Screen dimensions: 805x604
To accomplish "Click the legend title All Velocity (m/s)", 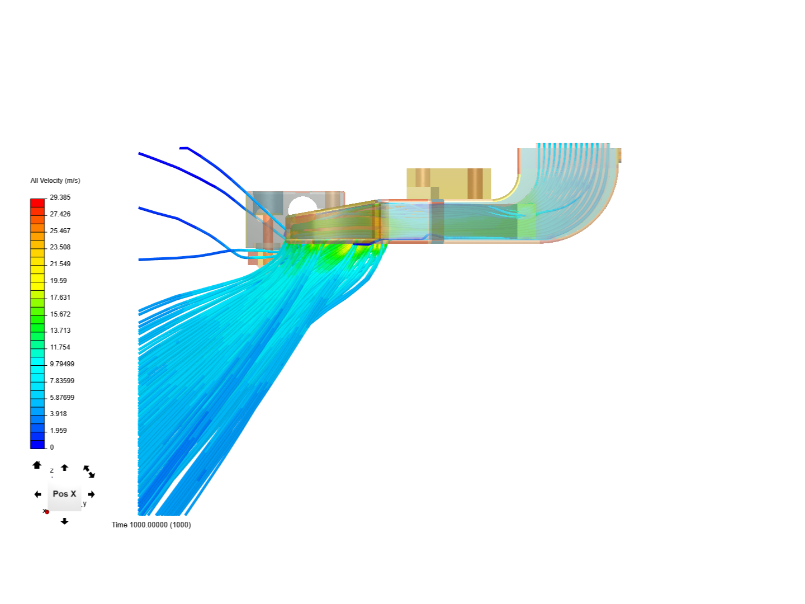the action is (x=55, y=181).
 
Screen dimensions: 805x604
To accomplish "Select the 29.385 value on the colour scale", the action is (x=60, y=197).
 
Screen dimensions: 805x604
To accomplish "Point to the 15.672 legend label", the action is (x=60, y=314).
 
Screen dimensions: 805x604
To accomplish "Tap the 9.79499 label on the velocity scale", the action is (x=62, y=364).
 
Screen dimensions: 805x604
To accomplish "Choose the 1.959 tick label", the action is (x=58, y=430).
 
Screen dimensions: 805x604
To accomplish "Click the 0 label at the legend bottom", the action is (x=52, y=447).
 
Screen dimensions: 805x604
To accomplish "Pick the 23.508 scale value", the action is (x=60, y=247).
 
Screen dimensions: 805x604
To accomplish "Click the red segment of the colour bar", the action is (x=37, y=203).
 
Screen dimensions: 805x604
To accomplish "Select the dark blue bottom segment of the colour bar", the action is (x=37, y=444).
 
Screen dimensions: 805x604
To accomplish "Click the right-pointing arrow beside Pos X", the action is (x=91, y=494).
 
